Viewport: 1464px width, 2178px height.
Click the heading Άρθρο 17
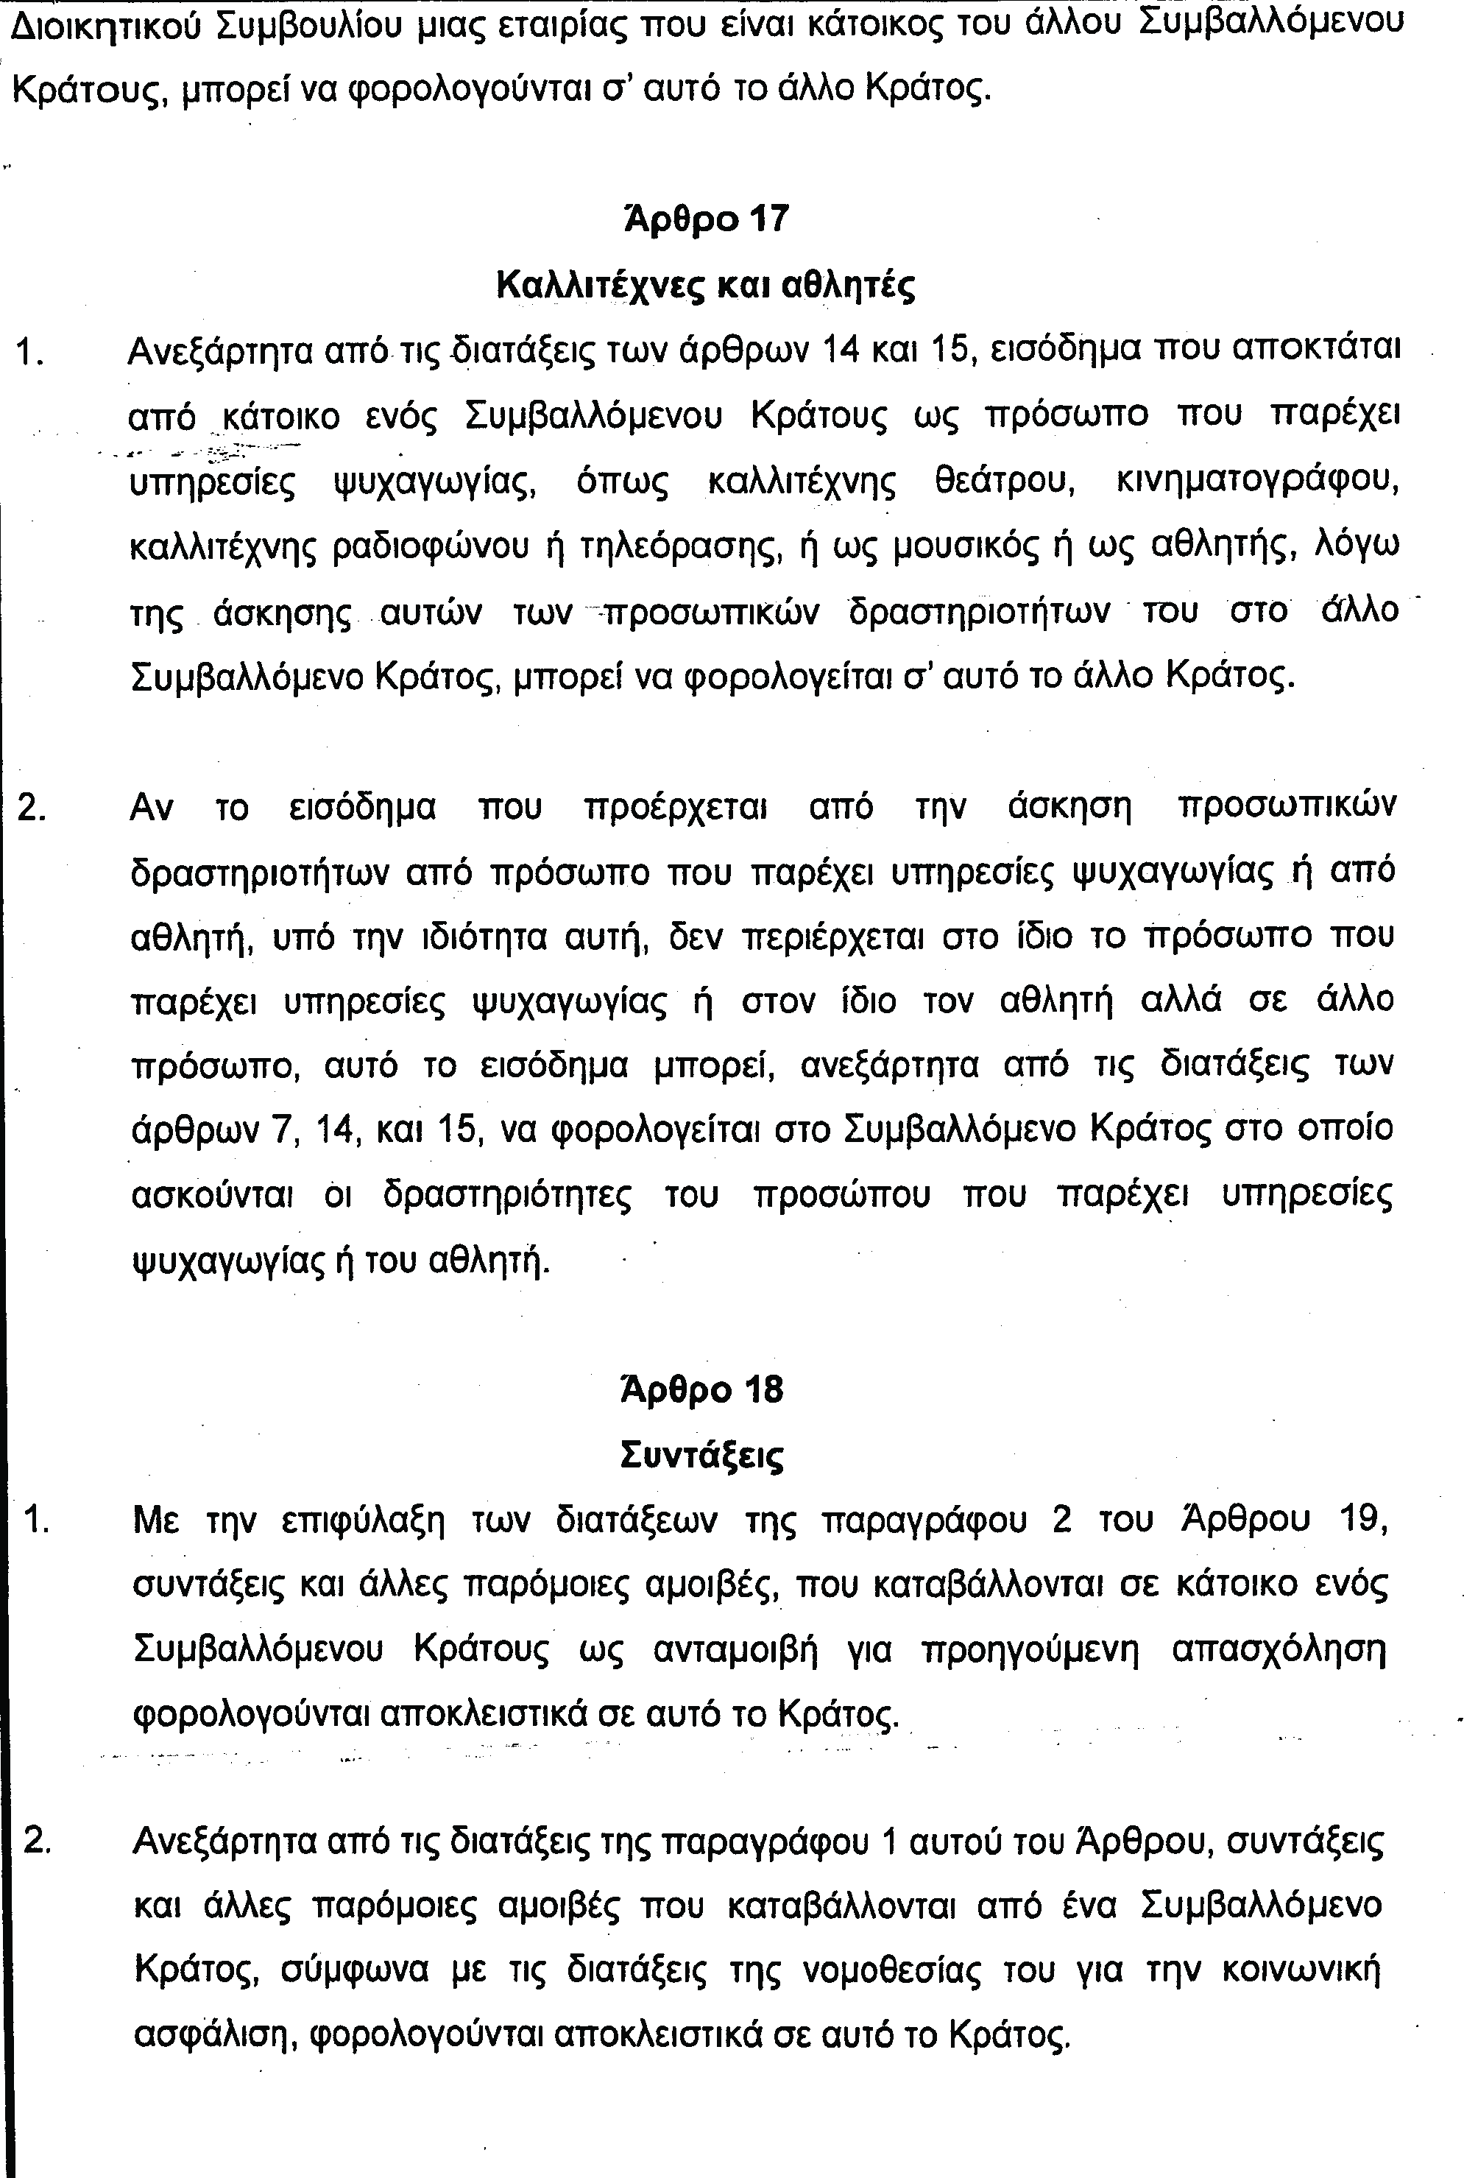[x=706, y=219]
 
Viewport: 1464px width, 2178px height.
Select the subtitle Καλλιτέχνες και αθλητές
[x=705, y=285]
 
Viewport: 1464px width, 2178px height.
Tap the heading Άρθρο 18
[x=702, y=1389]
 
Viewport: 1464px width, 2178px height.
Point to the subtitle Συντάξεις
[x=702, y=1455]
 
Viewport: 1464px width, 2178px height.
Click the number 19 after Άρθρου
[x=1362, y=1520]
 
